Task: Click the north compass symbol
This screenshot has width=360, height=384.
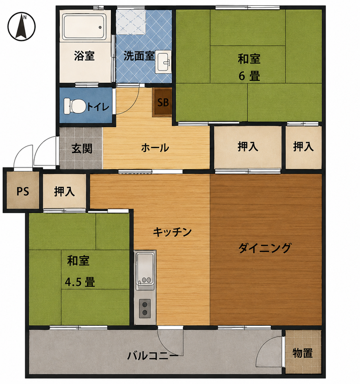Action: pos(21,27)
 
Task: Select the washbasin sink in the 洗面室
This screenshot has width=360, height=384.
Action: pos(163,62)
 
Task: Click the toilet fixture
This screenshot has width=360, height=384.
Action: pos(75,106)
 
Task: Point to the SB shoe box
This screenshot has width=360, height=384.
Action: pos(163,102)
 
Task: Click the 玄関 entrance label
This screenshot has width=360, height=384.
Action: pos(82,148)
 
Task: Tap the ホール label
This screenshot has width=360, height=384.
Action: pos(155,148)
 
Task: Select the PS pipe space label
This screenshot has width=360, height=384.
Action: pos(23,191)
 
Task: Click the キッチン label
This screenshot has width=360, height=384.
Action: pos(172,232)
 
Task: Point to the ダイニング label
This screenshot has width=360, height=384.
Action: pos(265,248)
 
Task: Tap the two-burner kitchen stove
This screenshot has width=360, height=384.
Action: pos(145,309)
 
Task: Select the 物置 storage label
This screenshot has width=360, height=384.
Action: pos(303,353)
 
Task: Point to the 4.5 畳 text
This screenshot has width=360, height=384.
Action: pos(80,282)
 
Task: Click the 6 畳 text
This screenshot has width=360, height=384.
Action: pos(249,76)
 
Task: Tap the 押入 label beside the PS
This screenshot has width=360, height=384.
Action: pos(64,191)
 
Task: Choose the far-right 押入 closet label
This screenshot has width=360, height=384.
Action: pos(304,146)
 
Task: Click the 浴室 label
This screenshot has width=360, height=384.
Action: pos(85,56)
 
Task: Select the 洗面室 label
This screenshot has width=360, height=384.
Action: pos(139,56)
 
